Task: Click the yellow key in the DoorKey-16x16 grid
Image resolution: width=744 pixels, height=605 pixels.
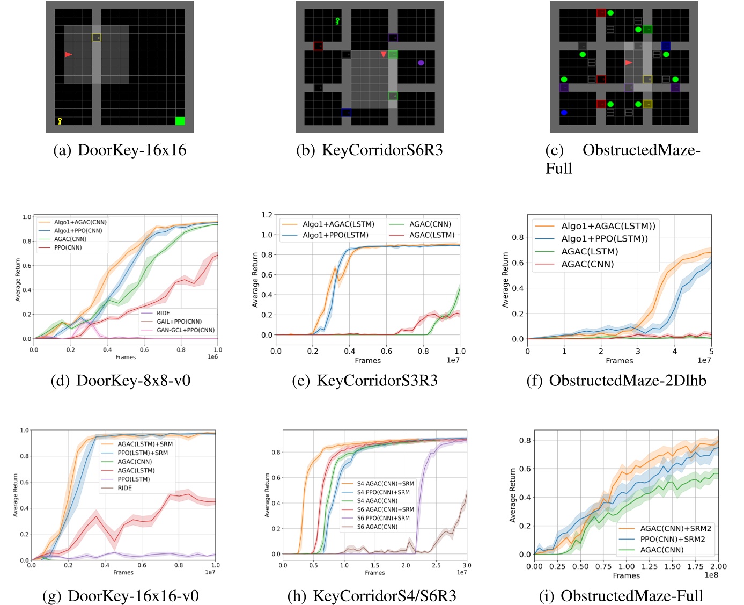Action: pos(60,121)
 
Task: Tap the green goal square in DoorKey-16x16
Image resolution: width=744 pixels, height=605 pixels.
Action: pos(180,121)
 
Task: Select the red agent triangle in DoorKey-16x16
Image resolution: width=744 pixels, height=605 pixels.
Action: pos(68,54)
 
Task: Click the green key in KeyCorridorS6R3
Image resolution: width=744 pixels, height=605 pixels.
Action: pos(337,21)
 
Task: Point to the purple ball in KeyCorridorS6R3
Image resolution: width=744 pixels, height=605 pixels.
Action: pos(421,63)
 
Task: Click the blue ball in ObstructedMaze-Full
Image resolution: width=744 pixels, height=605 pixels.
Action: pos(564,113)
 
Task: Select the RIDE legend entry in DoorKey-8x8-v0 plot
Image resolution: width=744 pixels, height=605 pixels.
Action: pos(163,313)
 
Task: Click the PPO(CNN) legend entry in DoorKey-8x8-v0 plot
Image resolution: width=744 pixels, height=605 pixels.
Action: pos(68,247)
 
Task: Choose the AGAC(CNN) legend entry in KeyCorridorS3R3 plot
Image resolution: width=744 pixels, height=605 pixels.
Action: pos(430,224)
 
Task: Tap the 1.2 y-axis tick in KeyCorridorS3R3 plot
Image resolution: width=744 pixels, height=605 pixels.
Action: pos(267,215)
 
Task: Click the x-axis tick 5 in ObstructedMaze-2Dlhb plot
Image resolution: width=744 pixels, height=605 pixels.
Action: pos(711,351)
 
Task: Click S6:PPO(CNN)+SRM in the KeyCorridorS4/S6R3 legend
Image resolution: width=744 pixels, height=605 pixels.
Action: pos(383,518)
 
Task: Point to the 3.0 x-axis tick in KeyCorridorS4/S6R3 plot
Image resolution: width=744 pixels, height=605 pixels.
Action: pos(467,565)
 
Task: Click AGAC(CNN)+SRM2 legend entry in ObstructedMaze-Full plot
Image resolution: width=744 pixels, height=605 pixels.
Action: pos(675,528)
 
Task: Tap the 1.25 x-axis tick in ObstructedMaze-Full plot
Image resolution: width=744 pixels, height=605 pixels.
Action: pos(649,566)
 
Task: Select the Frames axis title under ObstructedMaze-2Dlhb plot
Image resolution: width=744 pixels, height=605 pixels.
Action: pos(619,361)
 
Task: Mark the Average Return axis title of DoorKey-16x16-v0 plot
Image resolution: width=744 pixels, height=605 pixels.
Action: pos(16,495)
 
